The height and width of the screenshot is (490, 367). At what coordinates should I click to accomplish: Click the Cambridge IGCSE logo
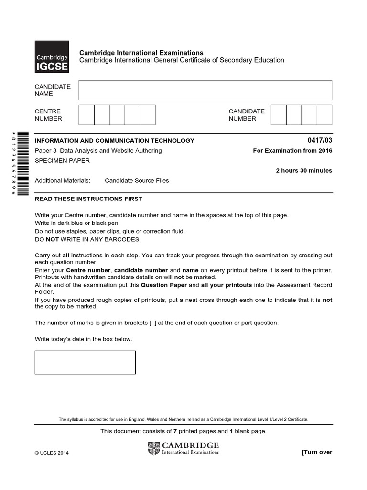[x=52, y=56]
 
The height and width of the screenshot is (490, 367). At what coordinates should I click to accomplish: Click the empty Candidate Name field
[x=205, y=90]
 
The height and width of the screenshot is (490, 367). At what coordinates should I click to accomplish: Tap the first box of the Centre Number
[x=86, y=115]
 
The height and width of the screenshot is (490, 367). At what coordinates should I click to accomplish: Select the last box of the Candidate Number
[x=324, y=115]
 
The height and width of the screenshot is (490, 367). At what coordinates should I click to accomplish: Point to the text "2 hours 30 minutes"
[x=304, y=171]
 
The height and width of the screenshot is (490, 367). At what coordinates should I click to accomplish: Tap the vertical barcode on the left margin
[x=22, y=163]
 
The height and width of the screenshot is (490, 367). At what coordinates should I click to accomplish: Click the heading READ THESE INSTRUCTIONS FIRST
[x=88, y=199]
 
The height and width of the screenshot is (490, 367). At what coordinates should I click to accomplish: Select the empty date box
[x=85, y=362]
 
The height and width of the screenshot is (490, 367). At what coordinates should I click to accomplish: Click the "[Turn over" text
[x=316, y=452]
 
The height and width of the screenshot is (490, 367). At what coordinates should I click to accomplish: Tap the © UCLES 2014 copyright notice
[x=52, y=453]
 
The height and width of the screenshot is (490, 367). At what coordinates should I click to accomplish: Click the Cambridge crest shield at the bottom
[x=154, y=448]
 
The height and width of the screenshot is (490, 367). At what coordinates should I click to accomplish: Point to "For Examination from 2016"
[x=292, y=151]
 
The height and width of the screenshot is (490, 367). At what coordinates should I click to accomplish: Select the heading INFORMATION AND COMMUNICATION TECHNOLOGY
[x=115, y=141]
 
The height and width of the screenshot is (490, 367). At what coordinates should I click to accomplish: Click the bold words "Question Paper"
[x=163, y=285]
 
